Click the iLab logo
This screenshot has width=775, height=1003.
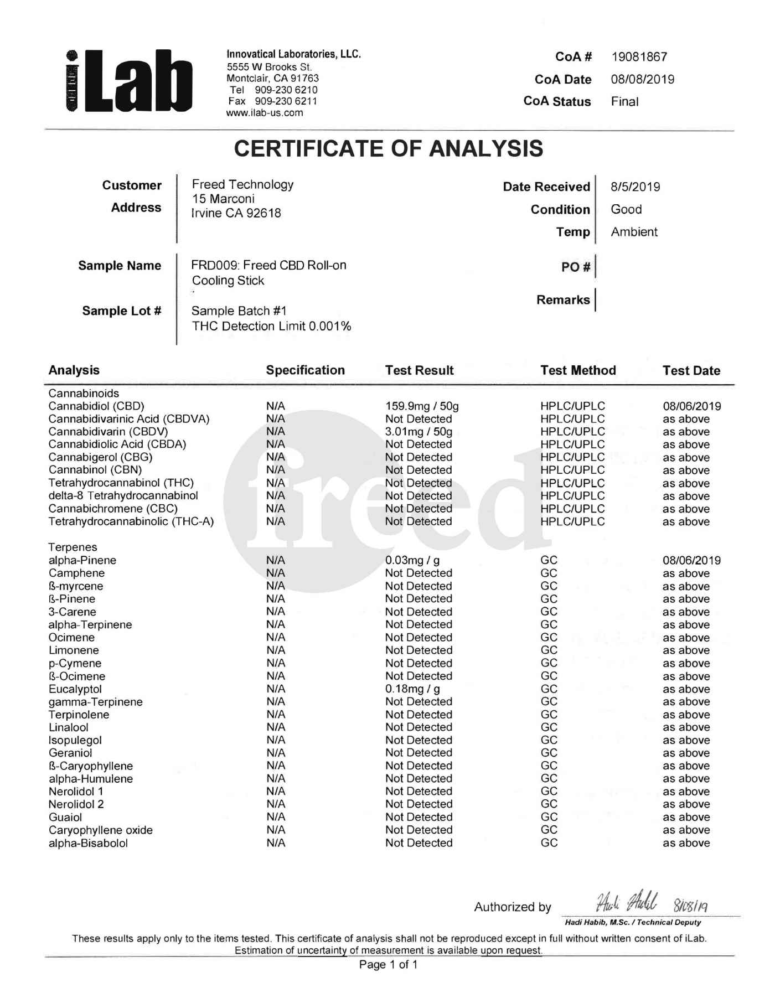[128, 81]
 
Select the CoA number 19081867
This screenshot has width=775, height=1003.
[639, 57]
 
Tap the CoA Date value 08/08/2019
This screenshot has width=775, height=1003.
[642, 79]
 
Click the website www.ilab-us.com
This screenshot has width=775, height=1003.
[265, 113]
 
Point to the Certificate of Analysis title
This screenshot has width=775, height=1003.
[388, 148]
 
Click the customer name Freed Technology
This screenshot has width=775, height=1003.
[242, 184]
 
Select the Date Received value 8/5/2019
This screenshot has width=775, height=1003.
[635, 187]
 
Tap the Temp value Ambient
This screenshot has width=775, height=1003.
[634, 232]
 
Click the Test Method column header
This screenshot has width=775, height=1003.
[578, 370]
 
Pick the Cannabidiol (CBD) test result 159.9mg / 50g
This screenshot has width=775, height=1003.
[422, 406]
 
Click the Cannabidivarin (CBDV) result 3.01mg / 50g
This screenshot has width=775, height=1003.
[418, 432]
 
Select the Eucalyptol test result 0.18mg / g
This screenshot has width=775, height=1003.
[412, 689]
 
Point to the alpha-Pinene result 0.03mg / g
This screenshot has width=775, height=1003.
[412, 560]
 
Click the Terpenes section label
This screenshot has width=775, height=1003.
[73, 547]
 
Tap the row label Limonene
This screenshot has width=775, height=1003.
[74, 650]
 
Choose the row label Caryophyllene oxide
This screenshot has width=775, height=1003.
[100, 830]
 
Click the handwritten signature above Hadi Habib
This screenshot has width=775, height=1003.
[627, 903]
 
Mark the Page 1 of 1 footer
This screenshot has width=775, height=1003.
[388, 965]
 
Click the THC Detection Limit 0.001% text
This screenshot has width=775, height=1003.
[271, 326]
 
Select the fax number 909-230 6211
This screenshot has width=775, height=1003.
[286, 101]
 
